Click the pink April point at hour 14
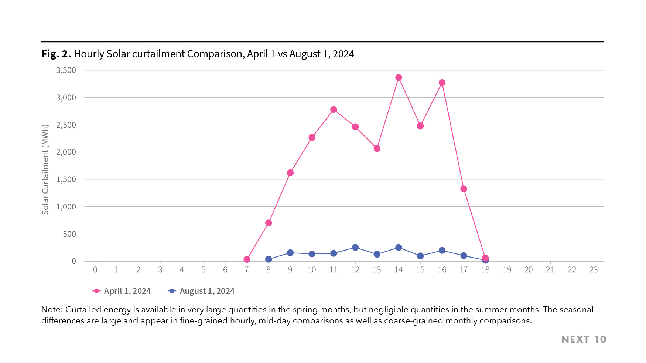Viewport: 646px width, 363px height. pyautogui.click(x=399, y=77)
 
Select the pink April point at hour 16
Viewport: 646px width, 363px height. pyautogui.click(x=442, y=83)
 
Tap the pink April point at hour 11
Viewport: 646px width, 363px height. pyautogui.click(x=334, y=110)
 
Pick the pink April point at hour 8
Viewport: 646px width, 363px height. pyautogui.click(x=269, y=223)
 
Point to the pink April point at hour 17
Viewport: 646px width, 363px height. pyautogui.click(x=464, y=189)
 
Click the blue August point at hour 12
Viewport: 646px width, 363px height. pyautogui.click(x=355, y=247)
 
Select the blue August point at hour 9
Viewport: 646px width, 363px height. pyautogui.click(x=290, y=253)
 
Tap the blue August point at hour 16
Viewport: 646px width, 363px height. pyautogui.click(x=442, y=251)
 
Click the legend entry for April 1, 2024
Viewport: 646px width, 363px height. pyautogui.click(x=122, y=291)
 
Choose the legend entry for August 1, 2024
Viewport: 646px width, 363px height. pyautogui.click(x=202, y=291)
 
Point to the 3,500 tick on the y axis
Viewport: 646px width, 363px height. pyautogui.click(x=66, y=70)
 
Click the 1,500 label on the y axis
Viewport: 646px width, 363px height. pyautogui.click(x=66, y=179)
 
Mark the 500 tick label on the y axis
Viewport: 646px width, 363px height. pyautogui.click(x=69, y=234)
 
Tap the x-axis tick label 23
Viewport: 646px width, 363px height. pyautogui.click(x=593, y=270)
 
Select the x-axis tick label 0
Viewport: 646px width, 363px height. pyautogui.click(x=95, y=270)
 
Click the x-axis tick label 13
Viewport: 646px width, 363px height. pyautogui.click(x=377, y=270)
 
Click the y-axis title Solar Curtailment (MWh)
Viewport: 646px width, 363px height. pyautogui.click(x=45, y=169)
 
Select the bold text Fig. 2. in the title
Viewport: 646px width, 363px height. pyautogui.click(x=56, y=54)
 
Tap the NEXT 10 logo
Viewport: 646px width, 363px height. pyautogui.click(x=584, y=339)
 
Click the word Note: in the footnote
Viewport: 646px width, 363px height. pyautogui.click(x=52, y=309)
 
